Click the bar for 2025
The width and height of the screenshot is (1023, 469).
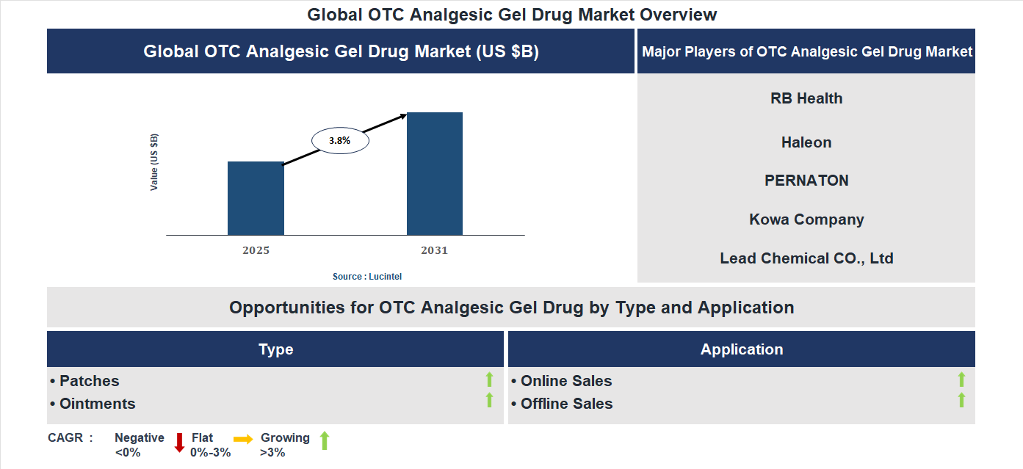256,198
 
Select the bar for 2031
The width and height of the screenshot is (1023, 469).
435,174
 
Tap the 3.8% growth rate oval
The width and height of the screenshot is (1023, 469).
340,139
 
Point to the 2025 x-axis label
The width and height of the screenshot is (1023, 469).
256,250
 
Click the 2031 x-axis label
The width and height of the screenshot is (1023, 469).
434,250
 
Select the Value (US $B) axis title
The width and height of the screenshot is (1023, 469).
154,162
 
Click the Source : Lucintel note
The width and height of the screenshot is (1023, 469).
367,277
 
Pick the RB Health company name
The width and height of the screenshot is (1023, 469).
806,98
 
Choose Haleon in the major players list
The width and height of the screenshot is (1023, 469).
806,142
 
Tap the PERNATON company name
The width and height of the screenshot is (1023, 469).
806,181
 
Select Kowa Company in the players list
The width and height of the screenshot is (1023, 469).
806,219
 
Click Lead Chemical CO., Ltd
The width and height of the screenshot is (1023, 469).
806,258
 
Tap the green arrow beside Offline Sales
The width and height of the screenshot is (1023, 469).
961,401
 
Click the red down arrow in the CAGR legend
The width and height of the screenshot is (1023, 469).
179,443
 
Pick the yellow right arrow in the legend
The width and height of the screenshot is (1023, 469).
243,439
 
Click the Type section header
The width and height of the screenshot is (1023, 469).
275,349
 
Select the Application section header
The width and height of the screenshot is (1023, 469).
742,349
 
